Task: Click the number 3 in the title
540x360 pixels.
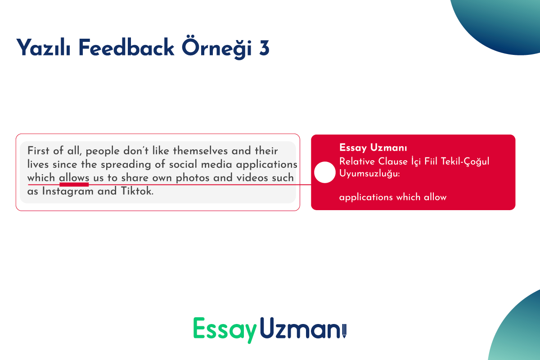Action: click(264, 49)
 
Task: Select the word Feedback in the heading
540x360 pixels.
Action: click(126, 48)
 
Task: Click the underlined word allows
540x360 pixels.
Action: click(74, 178)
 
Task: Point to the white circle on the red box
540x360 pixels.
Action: click(325, 172)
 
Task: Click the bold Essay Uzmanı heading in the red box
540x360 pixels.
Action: click(373, 148)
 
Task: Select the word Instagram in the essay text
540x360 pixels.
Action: click(68, 191)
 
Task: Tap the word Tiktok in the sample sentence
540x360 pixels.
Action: click(137, 191)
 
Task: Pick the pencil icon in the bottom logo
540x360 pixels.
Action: click(344, 331)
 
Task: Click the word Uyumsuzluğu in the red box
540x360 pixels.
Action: click(369, 174)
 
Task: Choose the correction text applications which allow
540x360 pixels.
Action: click(393, 197)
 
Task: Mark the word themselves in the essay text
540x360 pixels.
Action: click(200, 151)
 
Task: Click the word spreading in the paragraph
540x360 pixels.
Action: click(126, 165)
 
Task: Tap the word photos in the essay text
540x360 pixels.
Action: click(193, 178)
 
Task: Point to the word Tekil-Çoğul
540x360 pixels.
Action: click(465, 161)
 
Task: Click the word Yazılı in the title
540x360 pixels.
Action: click(43, 48)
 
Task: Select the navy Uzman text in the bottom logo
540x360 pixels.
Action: click(301, 328)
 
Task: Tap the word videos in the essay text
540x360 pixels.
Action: click(252, 178)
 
